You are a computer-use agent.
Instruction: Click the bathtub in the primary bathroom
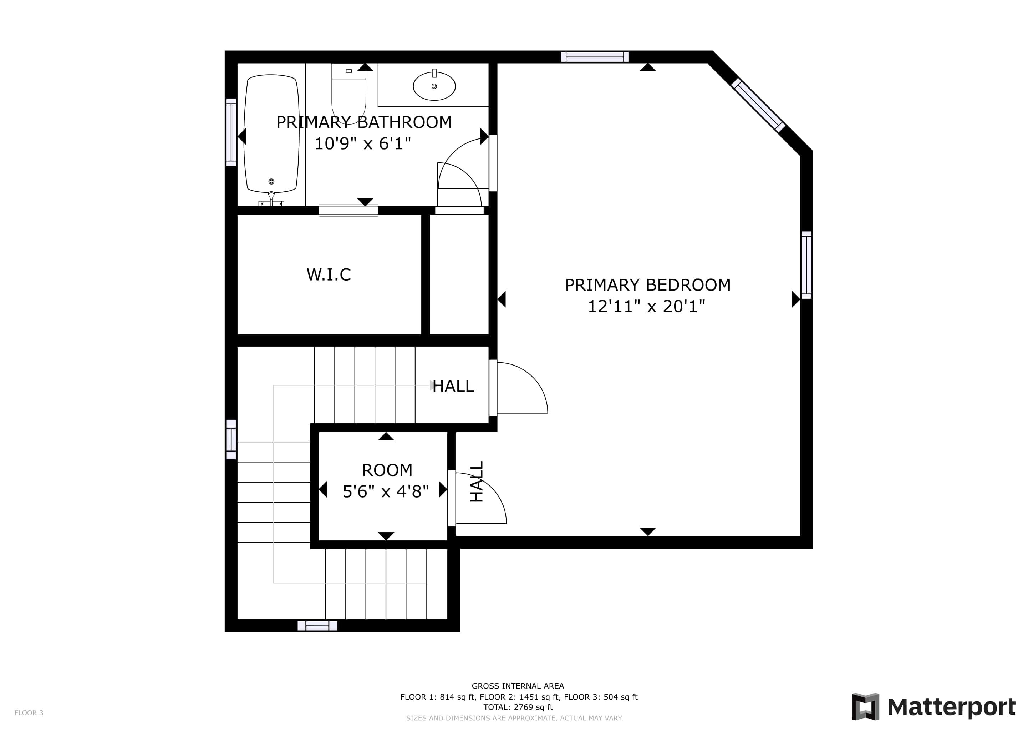click(x=271, y=134)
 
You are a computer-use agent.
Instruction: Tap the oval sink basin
click(x=434, y=86)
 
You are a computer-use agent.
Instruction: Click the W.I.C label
click(x=329, y=274)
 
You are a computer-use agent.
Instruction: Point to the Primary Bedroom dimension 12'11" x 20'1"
click(x=647, y=307)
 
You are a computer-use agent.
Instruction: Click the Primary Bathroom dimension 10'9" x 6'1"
click(x=363, y=143)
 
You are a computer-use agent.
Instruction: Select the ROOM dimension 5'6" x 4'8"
click(x=386, y=491)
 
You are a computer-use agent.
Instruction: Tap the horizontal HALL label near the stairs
click(x=453, y=386)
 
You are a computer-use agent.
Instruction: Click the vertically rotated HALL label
click(x=477, y=481)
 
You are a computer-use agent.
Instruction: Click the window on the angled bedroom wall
click(x=759, y=105)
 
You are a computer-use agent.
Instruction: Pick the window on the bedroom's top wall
click(x=594, y=57)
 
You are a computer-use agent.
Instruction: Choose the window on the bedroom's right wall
click(x=807, y=265)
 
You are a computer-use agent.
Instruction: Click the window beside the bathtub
click(x=231, y=132)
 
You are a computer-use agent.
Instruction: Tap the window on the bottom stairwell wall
click(x=317, y=626)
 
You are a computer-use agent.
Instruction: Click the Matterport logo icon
click(x=865, y=707)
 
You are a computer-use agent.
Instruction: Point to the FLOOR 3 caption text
click(x=29, y=712)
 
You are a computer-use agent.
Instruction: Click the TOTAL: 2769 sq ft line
click(x=518, y=707)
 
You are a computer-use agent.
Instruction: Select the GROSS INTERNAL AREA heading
click(x=518, y=686)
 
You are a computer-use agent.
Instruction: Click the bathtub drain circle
click(x=271, y=181)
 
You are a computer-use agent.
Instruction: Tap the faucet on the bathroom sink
click(x=434, y=73)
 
